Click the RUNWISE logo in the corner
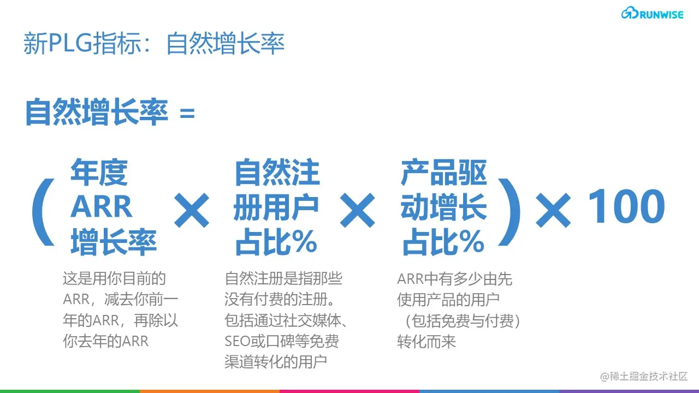(x=652, y=14)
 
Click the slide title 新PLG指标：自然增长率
(x=154, y=44)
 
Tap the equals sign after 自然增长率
(x=187, y=114)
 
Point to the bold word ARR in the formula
(x=102, y=207)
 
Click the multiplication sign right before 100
(x=553, y=209)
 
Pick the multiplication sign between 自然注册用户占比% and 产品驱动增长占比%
(x=358, y=210)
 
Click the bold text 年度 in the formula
(x=99, y=172)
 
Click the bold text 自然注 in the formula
(x=277, y=172)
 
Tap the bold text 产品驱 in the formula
(x=443, y=172)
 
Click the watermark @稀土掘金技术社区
(x=644, y=376)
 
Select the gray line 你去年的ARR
(x=106, y=341)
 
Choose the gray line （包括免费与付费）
(x=459, y=321)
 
